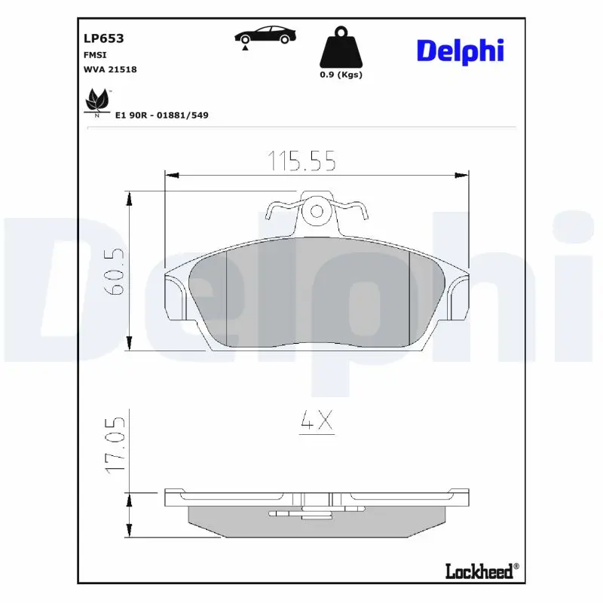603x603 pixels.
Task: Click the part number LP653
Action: pos(103,38)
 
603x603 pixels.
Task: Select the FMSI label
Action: pos(95,55)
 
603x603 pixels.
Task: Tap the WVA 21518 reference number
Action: pos(110,69)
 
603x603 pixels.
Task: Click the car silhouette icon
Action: pos(265,37)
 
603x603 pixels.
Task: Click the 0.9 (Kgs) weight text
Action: pos(341,74)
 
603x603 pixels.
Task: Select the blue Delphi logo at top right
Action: pos(461,51)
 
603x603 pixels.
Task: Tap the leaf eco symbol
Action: pos(97,102)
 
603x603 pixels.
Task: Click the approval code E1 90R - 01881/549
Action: pos(162,115)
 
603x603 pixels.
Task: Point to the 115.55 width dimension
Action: pos(301,161)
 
